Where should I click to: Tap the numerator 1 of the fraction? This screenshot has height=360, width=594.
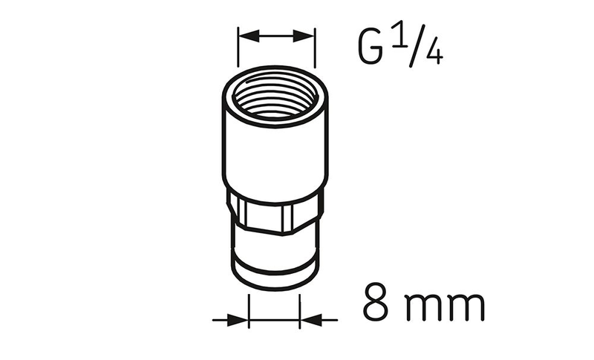(399, 36)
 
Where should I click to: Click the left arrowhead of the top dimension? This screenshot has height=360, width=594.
(249, 36)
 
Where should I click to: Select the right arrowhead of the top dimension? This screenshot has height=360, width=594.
(304, 36)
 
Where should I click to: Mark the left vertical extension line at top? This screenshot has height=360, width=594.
(238, 47)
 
